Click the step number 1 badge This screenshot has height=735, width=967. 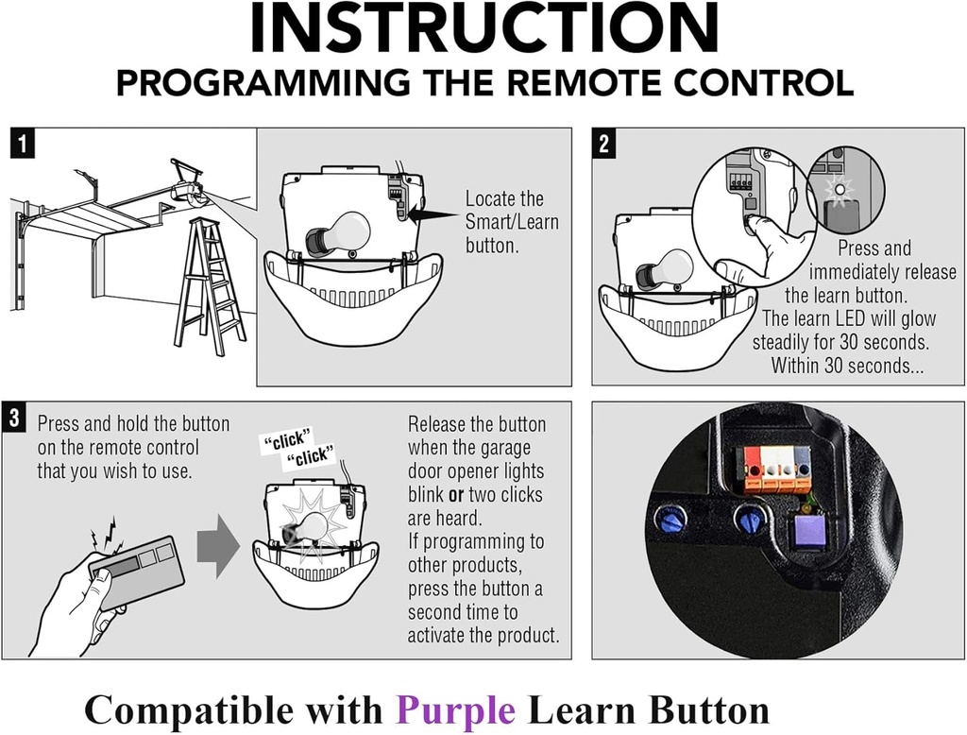pos(23,144)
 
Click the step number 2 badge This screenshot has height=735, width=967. pos(603,144)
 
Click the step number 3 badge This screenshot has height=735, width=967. pos(13,418)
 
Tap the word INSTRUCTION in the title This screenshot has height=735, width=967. pos(484,28)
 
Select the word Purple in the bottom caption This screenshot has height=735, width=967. pos(455,710)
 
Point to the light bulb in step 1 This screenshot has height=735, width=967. pos(338,233)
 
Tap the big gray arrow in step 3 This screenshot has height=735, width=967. pos(218,547)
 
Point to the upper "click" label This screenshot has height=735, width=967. pos(284,440)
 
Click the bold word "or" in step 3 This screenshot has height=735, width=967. pos(456,495)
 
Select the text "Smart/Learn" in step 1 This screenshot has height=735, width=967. pos(512,222)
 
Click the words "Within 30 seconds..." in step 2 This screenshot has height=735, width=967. pos(847,366)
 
